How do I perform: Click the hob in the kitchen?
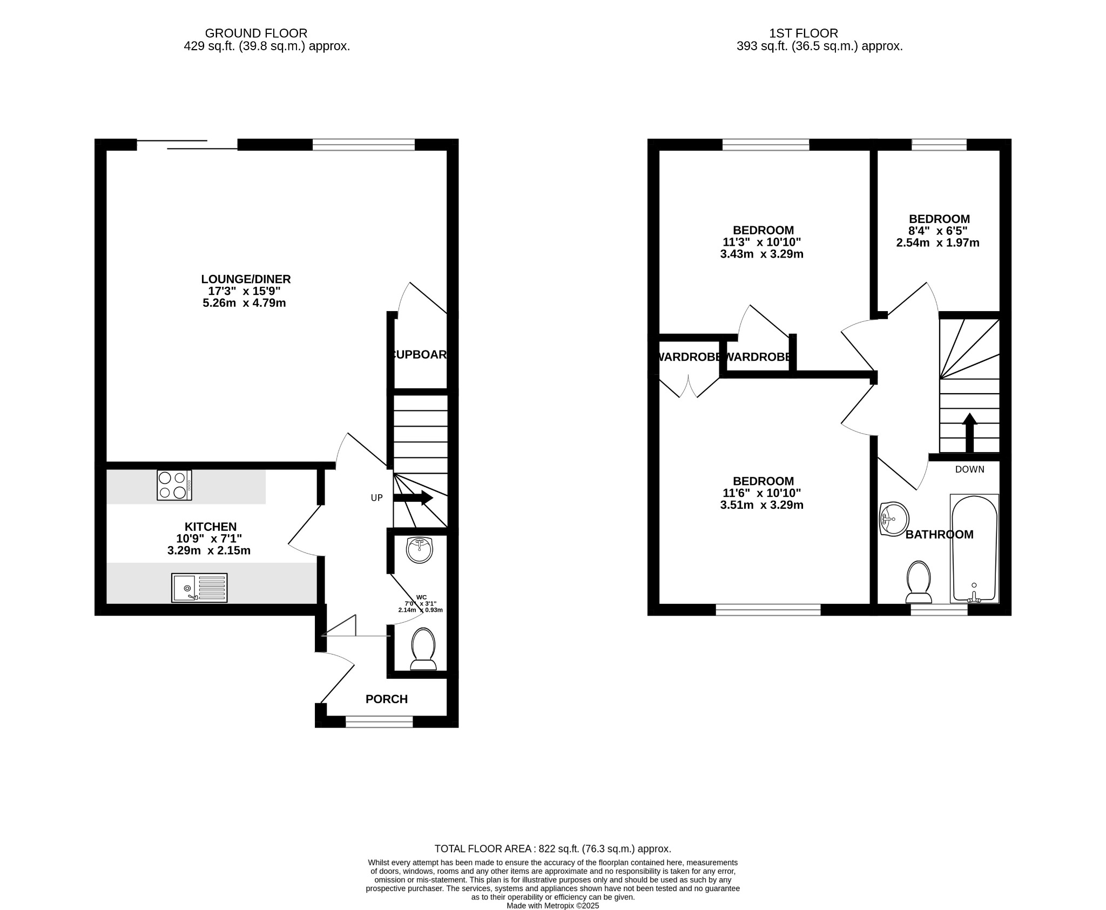coord(174,485)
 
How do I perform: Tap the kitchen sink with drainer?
coord(199,588)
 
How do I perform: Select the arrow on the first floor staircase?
coord(970,432)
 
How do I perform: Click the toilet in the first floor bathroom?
coord(919,582)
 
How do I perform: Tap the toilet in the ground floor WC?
coord(423,649)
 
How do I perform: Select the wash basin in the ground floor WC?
coord(420,550)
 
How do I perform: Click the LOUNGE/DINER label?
coord(246,279)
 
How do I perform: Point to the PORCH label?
coord(387,699)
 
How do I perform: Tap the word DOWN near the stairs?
coord(969,469)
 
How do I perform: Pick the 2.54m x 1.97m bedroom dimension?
coord(938,243)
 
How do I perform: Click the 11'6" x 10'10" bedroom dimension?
coord(761,493)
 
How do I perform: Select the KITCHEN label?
coord(211,527)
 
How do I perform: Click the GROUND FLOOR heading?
coord(256,33)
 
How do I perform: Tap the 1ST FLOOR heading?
coord(804,33)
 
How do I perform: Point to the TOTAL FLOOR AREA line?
coord(552,848)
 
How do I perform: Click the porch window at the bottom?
coord(379,722)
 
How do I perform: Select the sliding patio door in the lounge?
coord(187,144)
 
